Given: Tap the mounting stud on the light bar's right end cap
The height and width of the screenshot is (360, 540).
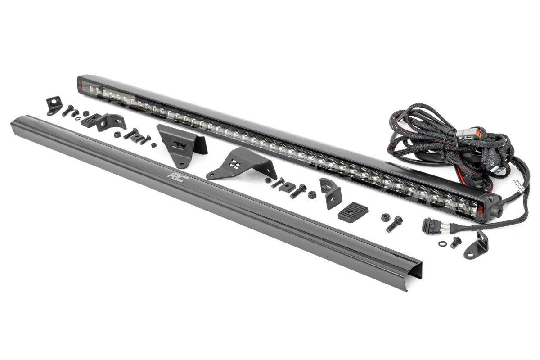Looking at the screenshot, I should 499,210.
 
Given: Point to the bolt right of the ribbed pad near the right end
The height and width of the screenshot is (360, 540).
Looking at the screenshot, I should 395,224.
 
